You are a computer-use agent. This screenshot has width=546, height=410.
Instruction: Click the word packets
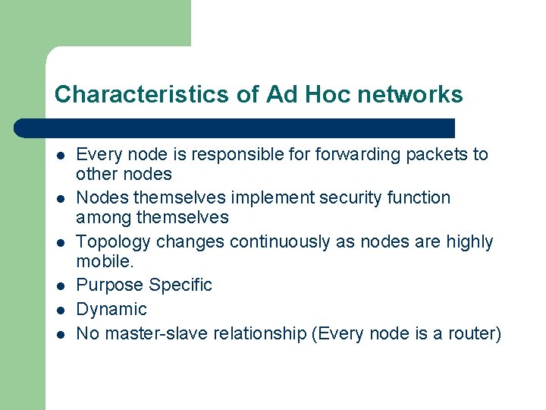coord(438,155)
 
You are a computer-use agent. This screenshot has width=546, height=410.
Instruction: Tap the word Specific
coord(180,285)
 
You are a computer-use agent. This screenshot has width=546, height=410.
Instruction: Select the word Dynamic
coord(111,310)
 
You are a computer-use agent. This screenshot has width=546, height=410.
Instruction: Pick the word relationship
coord(260,334)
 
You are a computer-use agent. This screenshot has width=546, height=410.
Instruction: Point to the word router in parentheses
coord(475,334)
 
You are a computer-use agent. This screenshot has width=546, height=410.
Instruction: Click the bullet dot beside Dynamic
coord(59,310)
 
